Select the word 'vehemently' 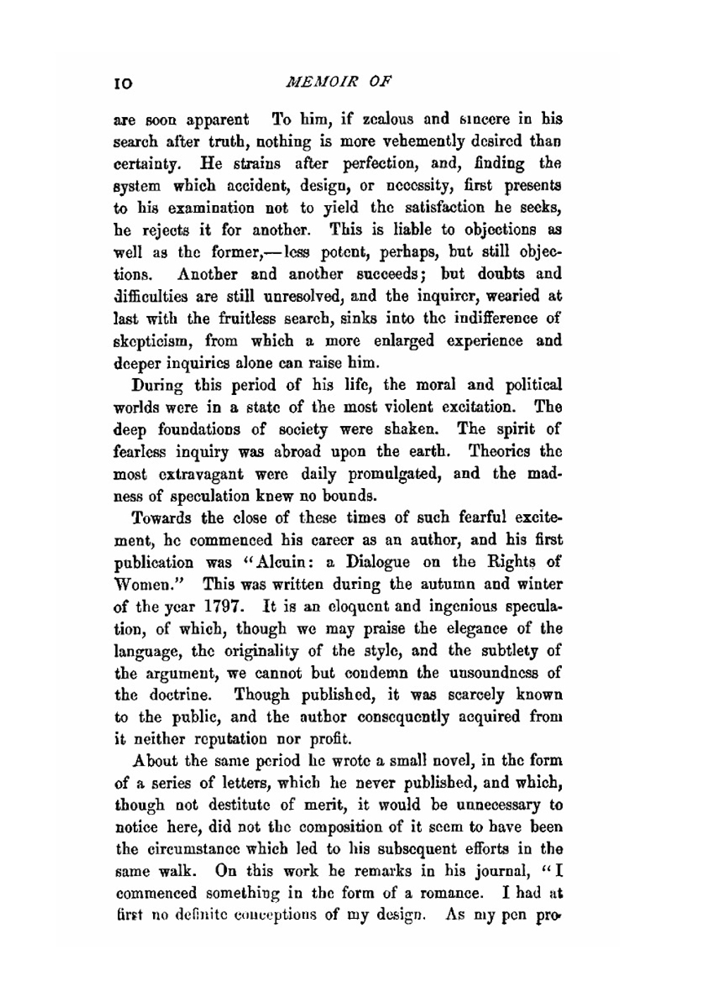pos(440,142)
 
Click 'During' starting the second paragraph pos(157,386)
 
